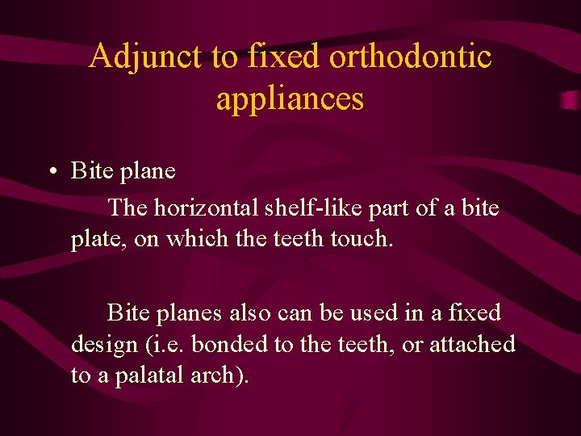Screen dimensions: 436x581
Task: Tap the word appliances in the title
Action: pyautogui.click(x=290, y=99)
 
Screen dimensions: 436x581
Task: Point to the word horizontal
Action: pyautogui.click(x=207, y=208)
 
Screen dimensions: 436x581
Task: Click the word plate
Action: pyautogui.click(x=93, y=241)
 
